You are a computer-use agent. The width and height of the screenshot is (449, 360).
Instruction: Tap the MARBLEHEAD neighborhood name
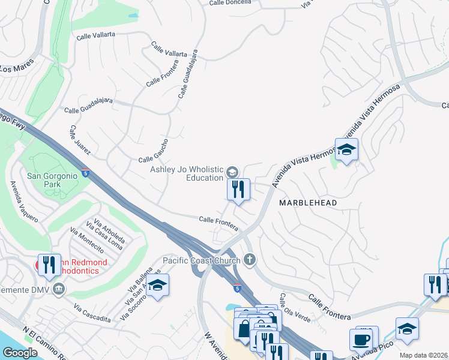point(308,203)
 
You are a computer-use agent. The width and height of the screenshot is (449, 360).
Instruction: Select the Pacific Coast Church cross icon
point(250,260)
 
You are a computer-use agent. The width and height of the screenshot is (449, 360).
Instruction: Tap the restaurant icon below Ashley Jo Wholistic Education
point(238,190)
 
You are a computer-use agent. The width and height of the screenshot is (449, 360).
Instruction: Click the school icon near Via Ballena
point(157,285)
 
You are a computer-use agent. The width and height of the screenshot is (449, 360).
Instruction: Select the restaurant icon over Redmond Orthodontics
point(49,265)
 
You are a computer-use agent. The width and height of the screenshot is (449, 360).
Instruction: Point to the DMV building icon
point(59,290)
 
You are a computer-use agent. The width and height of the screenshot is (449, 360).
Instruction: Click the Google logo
point(20,353)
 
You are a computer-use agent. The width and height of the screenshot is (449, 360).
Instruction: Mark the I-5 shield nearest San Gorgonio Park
point(86,173)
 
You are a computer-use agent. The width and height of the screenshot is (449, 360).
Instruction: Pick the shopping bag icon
point(244,329)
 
